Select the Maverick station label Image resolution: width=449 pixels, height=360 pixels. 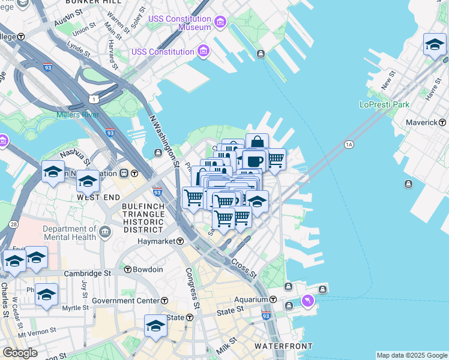422,122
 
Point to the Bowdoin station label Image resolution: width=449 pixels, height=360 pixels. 148,269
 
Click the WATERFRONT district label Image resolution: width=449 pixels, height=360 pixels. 283,346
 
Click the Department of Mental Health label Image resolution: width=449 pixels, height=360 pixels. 70,233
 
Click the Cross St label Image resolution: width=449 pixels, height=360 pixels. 244,268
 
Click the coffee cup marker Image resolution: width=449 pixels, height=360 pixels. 254,161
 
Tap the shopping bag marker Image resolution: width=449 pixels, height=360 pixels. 257,142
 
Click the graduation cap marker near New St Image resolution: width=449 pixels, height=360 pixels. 434,44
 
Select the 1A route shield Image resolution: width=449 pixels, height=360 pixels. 349,145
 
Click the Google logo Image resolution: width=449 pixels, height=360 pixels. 20,353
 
